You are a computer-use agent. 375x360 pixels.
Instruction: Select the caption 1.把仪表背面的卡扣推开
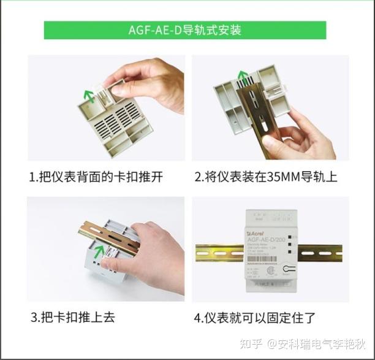pyautogui.click(x=96, y=177)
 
